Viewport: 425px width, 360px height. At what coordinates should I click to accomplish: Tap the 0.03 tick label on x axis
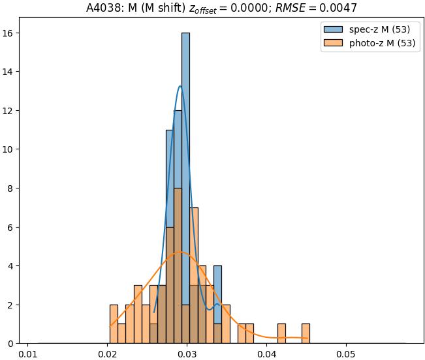click(x=187, y=355)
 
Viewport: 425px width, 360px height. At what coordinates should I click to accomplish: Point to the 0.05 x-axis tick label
click(x=346, y=355)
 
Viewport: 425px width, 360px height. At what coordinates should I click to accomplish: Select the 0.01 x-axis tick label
click(x=27, y=355)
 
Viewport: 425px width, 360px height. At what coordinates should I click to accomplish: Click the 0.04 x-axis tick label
click(x=266, y=355)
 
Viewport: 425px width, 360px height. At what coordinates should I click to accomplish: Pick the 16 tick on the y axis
click(x=13, y=33)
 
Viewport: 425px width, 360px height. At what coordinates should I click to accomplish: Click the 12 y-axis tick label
click(x=13, y=111)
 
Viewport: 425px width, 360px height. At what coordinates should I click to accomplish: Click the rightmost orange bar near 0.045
click(x=306, y=334)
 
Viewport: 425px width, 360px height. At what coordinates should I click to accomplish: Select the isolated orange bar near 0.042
click(x=281, y=334)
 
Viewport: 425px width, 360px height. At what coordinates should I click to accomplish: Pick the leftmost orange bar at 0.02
click(x=114, y=324)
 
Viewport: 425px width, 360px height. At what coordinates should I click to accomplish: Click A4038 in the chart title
click(x=102, y=8)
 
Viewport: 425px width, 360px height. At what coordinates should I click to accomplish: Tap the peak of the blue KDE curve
click(x=180, y=86)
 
